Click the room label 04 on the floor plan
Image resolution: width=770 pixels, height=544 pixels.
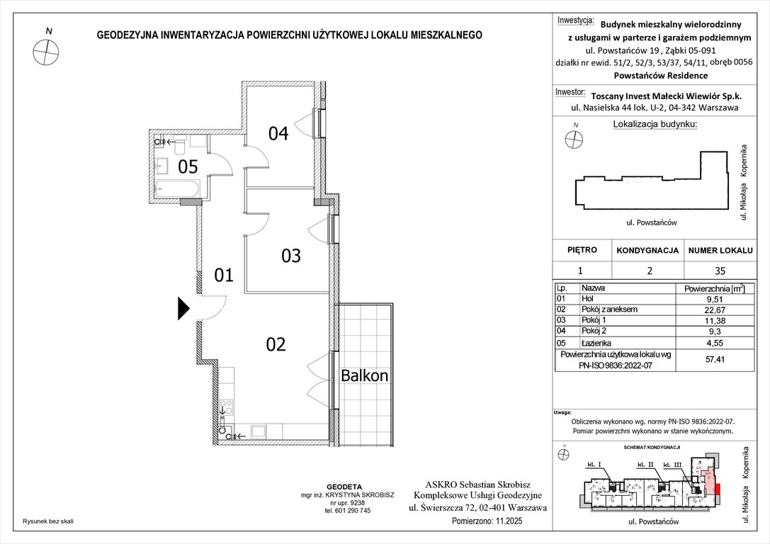coord(278,133)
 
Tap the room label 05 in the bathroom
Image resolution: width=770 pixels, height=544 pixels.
coord(187,167)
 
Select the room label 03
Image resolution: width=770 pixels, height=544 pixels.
coord(291,256)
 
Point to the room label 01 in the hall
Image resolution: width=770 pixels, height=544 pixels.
coord(224,275)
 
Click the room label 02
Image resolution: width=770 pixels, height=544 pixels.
coord(276,345)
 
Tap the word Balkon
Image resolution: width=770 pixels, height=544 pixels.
coord(365,375)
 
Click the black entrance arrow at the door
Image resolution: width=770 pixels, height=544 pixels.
coord(183,308)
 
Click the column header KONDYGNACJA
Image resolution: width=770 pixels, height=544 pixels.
coord(647,251)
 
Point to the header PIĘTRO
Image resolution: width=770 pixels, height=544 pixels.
coord(582,250)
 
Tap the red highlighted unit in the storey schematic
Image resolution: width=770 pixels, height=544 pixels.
coord(718,488)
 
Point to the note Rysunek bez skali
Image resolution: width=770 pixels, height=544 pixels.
coord(48,521)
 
